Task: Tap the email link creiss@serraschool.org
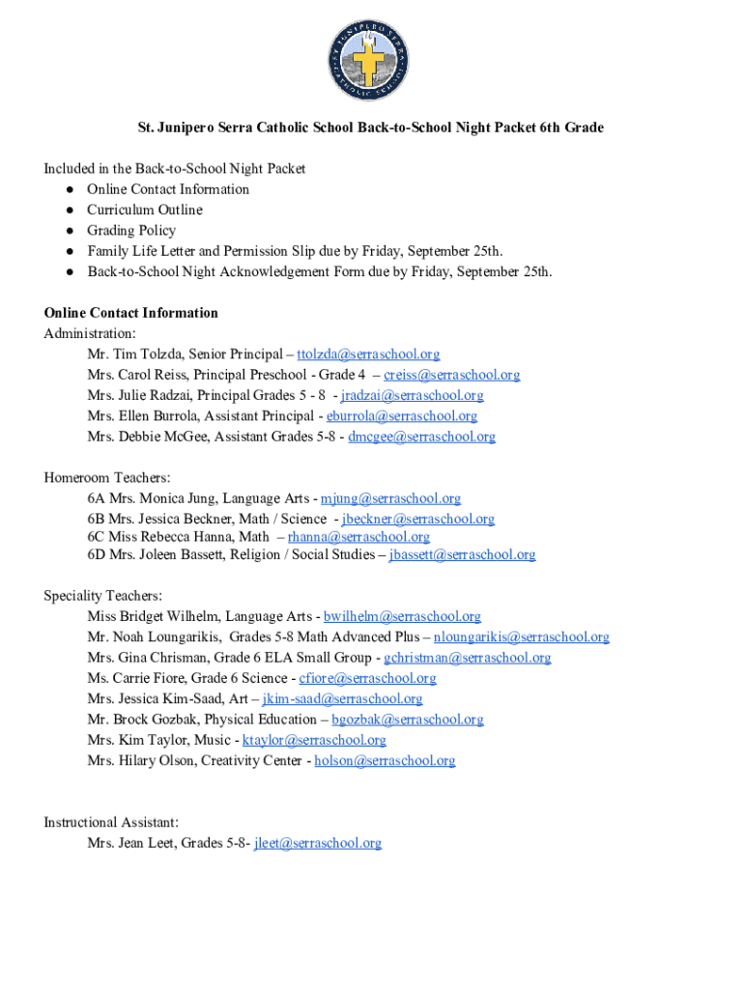pyautogui.click(x=451, y=375)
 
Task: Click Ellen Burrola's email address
pyautogui.click(x=402, y=416)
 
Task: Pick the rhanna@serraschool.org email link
pyautogui.click(x=358, y=537)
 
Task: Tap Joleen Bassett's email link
pyautogui.click(x=462, y=554)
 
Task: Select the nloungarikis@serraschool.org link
pyautogui.click(x=522, y=637)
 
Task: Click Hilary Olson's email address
pyautogui.click(x=385, y=761)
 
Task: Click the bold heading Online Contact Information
pyautogui.click(x=131, y=313)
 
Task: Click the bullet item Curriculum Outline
pyautogui.click(x=145, y=210)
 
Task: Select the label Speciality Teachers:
pyautogui.click(x=103, y=596)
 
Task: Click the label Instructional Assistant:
pyautogui.click(x=111, y=823)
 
